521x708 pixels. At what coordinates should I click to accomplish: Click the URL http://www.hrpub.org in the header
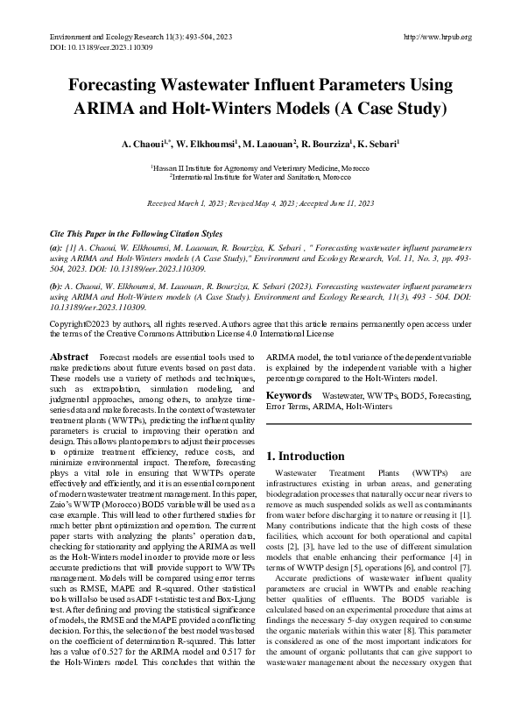[x=438, y=37]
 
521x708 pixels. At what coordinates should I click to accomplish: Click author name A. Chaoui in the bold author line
[x=144, y=142]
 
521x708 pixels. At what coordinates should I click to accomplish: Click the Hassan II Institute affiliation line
[x=260, y=166]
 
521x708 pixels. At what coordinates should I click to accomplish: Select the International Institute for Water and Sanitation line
[x=260, y=175]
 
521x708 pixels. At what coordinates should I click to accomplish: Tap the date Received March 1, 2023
[x=183, y=202]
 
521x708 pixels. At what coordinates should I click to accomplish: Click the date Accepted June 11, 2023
[x=336, y=202]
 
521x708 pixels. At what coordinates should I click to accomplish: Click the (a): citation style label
[x=56, y=250]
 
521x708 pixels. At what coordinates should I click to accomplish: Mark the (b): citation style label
[x=56, y=286]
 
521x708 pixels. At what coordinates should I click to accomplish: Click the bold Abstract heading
[x=69, y=358]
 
